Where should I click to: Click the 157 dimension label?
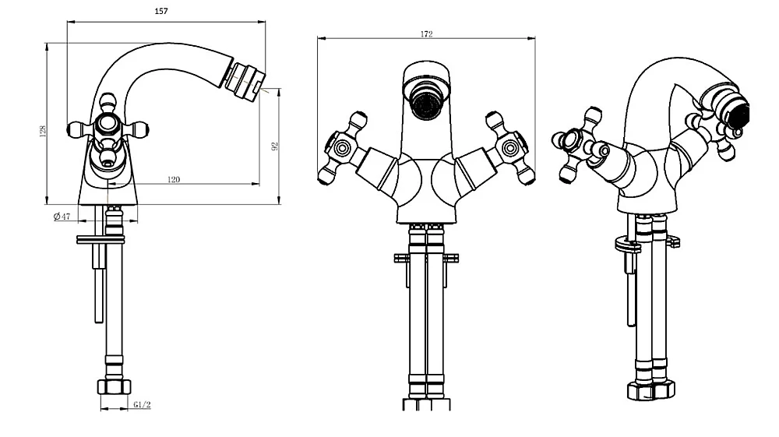161,11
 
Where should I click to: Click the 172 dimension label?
426,33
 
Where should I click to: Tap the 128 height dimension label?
43,131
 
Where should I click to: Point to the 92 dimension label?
275,146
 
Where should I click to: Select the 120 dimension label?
174,179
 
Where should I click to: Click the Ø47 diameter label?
62,217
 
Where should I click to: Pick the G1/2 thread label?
142,405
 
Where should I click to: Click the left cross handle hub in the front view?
341,148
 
